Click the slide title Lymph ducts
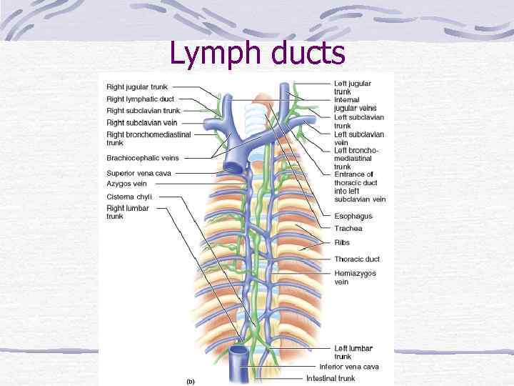point(257,54)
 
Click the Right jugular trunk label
point(137,87)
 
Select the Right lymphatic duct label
point(140,99)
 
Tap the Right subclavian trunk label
point(143,111)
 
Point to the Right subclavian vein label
point(141,123)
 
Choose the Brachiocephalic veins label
point(143,158)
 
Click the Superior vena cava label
point(138,173)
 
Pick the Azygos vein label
point(126,184)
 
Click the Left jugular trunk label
point(353,87)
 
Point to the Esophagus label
point(353,216)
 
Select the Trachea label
point(348,229)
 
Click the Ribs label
point(342,243)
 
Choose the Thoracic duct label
point(356,259)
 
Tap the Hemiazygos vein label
point(355,277)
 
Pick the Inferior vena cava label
point(349,367)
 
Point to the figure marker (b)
point(190,381)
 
